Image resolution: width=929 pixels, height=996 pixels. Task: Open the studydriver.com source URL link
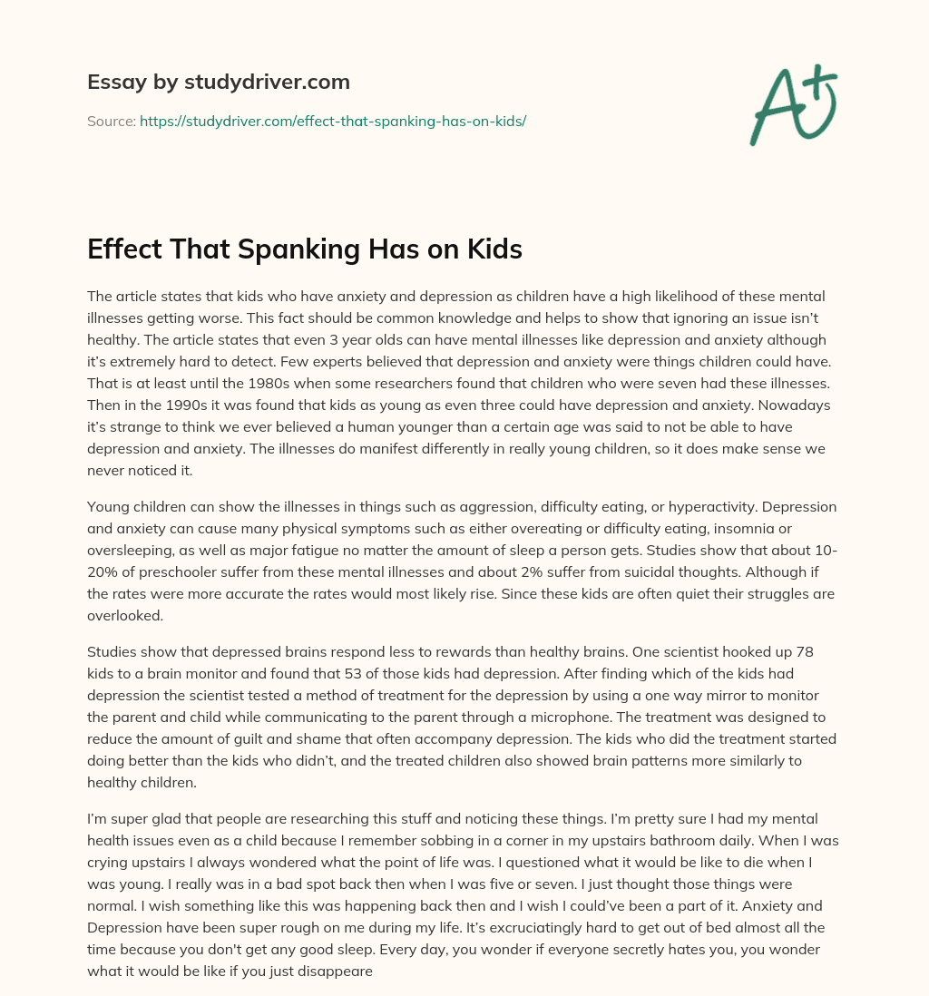(333, 121)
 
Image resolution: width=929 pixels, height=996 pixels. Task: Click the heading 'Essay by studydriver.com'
(218, 82)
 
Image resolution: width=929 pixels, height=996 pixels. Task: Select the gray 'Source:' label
(111, 121)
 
